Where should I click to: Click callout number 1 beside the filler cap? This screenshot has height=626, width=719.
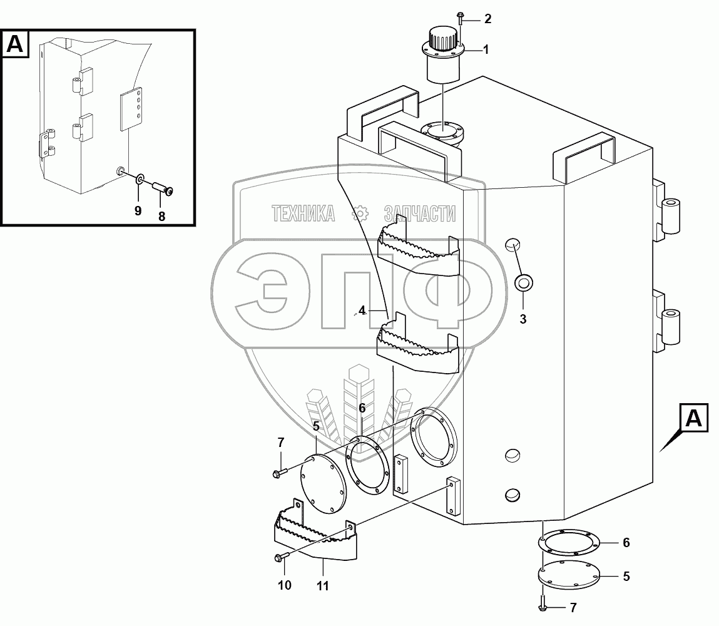[486, 49]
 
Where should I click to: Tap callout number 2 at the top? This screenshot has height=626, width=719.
[488, 19]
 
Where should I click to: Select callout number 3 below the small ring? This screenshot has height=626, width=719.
[523, 319]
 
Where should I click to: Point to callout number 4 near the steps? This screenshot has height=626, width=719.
[362, 310]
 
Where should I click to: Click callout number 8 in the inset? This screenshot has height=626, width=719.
[161, 217]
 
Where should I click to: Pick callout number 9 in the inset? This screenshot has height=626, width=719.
[138, 211]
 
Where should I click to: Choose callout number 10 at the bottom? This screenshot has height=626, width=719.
[285, 585]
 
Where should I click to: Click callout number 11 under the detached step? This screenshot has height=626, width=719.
[323, 586]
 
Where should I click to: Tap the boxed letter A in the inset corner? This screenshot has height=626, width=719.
[15, 44]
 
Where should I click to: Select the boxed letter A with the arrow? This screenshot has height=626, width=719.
[694, 418]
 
